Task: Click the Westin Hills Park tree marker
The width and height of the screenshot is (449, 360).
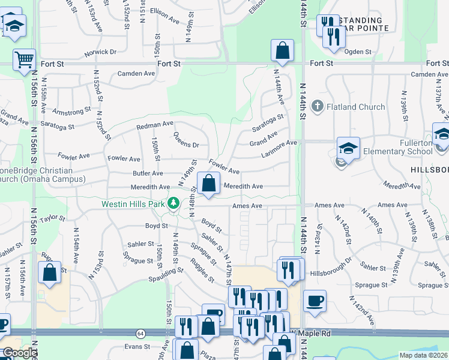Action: pos(174,203)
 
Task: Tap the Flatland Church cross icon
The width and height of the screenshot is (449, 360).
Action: pos(318,107)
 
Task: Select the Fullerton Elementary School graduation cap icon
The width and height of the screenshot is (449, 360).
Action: pos(348,147)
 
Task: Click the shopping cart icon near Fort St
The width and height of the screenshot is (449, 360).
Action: pos(25,59)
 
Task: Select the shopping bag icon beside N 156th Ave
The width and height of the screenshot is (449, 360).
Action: pos(50,272)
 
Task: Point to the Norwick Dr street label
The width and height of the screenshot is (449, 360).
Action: pos(100,52)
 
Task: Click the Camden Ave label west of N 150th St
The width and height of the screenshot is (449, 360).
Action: pos(136,73)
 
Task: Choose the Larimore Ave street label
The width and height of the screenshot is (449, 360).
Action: pos(280,148)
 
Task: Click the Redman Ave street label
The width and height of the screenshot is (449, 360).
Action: pos(155,125)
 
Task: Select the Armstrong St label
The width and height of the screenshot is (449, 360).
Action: pos(71,112)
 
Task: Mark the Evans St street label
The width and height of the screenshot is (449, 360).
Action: pos(137,346)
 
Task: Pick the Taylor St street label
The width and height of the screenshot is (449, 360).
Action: pos(53,218)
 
